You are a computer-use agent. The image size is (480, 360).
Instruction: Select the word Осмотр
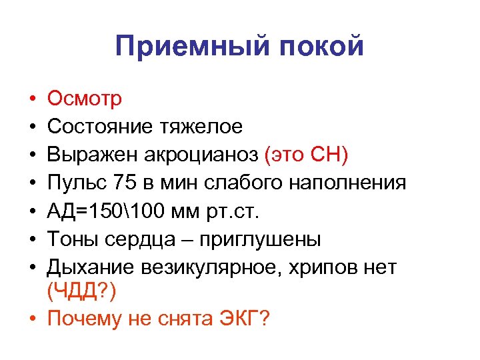pos(85,99)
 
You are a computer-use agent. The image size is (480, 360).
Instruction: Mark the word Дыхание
pos(88,266)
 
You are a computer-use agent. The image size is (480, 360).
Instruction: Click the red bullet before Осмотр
pos(32,99)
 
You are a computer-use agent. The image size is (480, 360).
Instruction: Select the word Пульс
pos(73,182)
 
